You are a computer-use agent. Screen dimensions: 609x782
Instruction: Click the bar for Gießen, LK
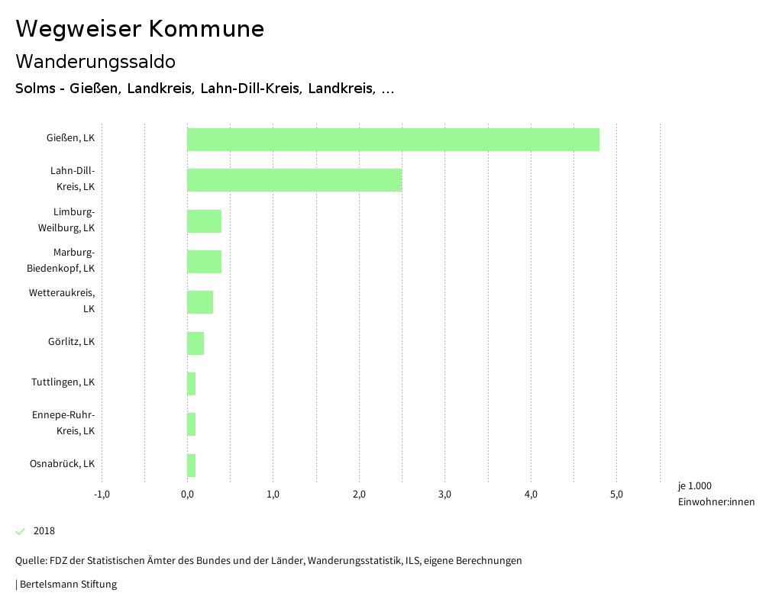pyautogui.click(x=393, y=140)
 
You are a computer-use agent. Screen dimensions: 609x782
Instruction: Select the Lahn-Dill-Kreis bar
pyautogui.click(x=294, y=180)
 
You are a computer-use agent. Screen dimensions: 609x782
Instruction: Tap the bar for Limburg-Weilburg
pyautogui.click(x=204, y=221)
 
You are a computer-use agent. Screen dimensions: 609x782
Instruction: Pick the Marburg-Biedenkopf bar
pyautogui.click(x=204, y=262)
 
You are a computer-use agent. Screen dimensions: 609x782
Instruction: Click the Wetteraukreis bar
pyautogui.click(x=200, y=302)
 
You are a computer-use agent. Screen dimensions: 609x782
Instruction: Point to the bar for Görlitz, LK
pyautogui.click(x=195, y=343)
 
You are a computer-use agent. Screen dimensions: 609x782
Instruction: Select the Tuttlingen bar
pyautogui.click(x=192, y=384)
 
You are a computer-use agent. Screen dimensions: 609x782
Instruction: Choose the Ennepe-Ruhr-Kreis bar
pyautogui.click(x=192, y=424)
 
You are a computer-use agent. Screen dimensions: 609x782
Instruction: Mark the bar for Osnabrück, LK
pyautogui.click(x=192, y=466)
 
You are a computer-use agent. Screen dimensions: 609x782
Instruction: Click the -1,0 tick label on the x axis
pyautogui.click(x=102, y=495)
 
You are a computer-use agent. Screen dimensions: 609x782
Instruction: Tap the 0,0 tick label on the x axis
pyautogui.click(x=187, y=495)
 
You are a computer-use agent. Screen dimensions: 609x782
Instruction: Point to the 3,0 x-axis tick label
pyautogui.click(x=445, y=495)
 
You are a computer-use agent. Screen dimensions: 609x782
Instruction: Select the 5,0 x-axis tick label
pyautogui.click(x=617, y=495)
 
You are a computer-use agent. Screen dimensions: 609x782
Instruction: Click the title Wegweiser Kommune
pyautogui.click(x=140, y=29)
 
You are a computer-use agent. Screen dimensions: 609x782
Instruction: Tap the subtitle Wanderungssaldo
pyautogui.click(x=95, y=61)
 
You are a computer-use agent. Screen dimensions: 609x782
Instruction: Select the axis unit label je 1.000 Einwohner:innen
pyautogui.click(x=716, y=494)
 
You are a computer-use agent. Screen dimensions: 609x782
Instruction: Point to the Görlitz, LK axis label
pyautogui.click(x=71, y=342)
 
